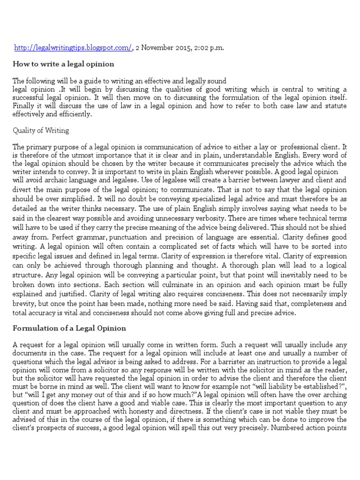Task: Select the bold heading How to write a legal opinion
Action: pos(63,64)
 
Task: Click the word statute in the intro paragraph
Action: pos(335,105)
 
